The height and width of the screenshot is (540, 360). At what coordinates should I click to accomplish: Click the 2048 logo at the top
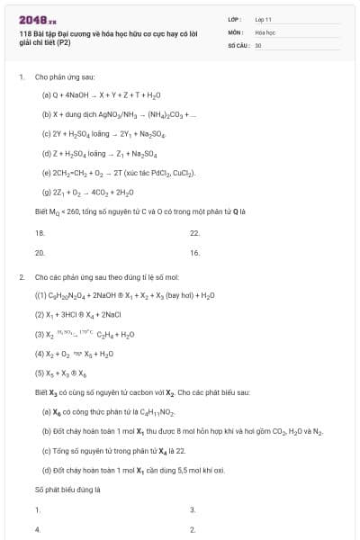(x=36, y=18)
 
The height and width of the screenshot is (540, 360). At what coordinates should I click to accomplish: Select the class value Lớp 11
(x=264, y=18)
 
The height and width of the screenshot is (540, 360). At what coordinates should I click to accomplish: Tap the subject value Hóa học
(x=265, y=31)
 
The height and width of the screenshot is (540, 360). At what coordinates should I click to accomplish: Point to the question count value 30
(x=258, y=44)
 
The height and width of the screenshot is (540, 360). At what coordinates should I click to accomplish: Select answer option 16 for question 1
(x=194, y=253)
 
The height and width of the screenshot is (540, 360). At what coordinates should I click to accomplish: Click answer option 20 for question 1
(x=40, y=253)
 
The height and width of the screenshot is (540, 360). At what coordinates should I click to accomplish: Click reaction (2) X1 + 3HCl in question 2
(x=77, y=314)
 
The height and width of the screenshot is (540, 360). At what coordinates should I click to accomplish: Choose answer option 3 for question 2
(x=193, y=509)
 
